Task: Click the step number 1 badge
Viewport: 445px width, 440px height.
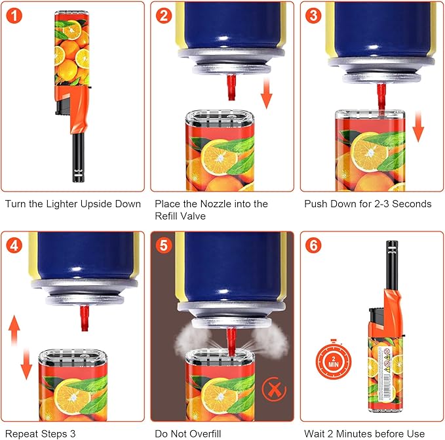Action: [x=14, y=15]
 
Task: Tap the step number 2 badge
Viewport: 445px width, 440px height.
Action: [x=164, y=15]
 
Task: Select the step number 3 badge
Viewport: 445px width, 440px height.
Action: [x=313, y=15]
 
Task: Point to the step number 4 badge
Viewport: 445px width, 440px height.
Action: [x=14, y=245]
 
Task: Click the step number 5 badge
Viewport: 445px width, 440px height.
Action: [x=164, y=245]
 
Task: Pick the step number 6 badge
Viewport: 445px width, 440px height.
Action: [x=313, y=245]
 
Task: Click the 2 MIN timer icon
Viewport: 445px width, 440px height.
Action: [x=334, y=360]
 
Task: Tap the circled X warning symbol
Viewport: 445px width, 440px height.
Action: [x=274, y=389]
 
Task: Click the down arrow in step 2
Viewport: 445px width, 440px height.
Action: [x=267, y=94]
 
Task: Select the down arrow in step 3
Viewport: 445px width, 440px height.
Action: [x=417, y=127]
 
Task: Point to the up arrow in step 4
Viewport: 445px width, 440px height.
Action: [x=14, y=330]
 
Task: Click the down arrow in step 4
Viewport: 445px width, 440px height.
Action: [x=26, y=365]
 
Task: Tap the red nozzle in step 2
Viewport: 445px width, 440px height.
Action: [x=232, y=87]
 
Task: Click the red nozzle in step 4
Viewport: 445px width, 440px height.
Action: [x=85, y=318]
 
